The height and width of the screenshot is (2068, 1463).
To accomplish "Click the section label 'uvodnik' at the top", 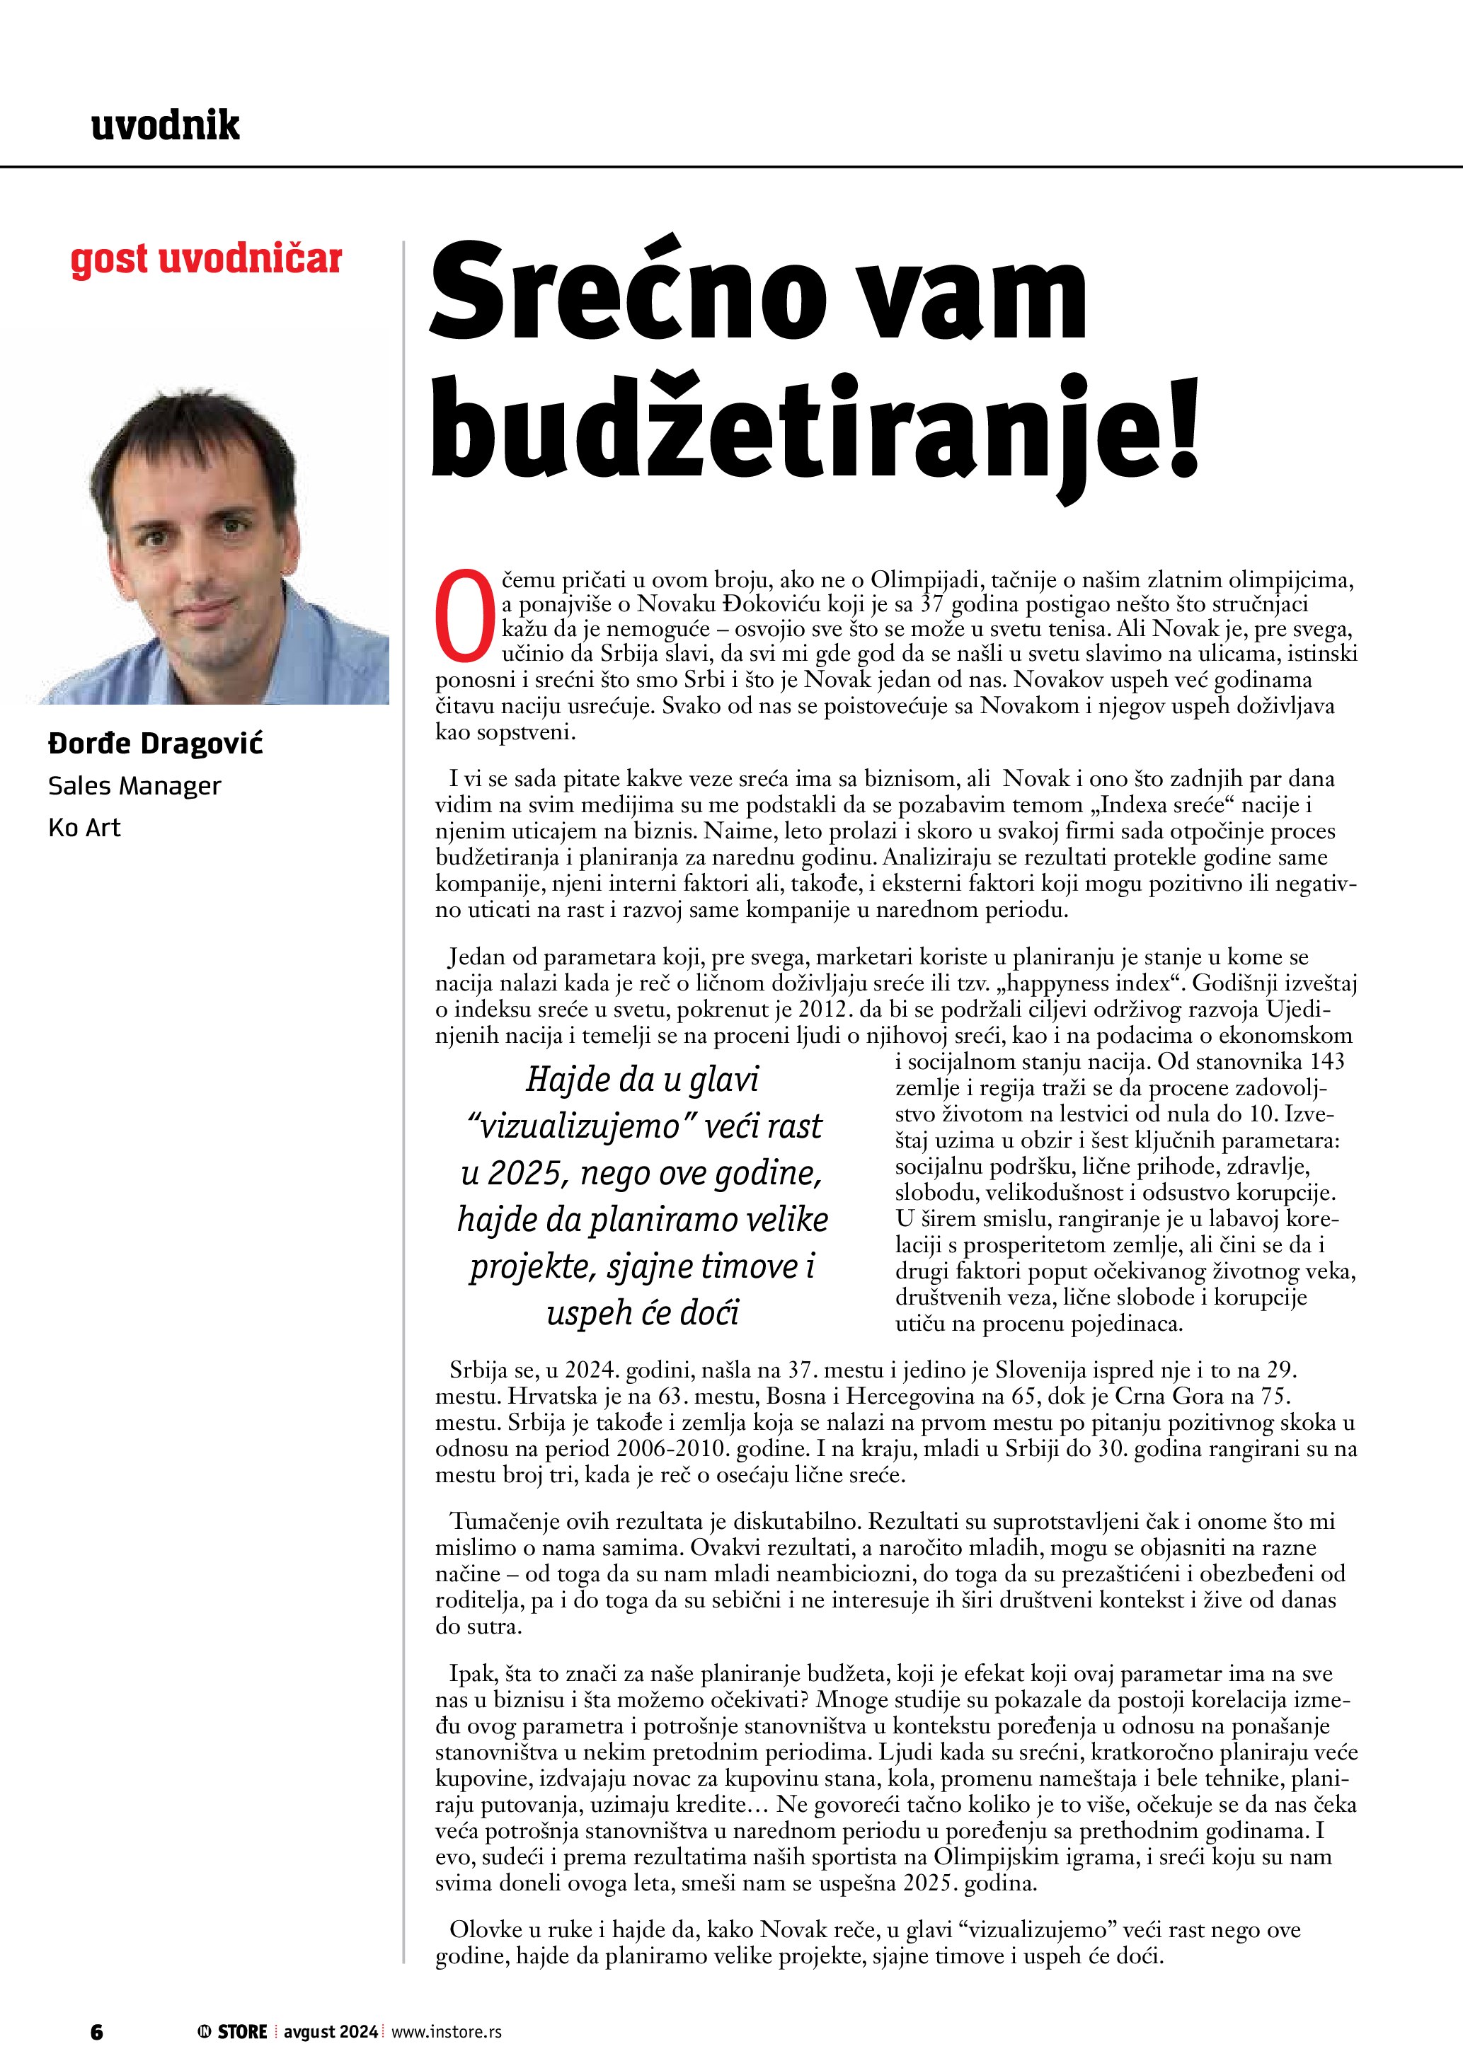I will point(166,125).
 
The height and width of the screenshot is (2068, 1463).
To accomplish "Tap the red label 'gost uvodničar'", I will point(206,260).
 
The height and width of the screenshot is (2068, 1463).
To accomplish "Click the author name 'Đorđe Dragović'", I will point(155,744).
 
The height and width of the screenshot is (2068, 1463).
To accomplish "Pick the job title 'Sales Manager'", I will point(134,786).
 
